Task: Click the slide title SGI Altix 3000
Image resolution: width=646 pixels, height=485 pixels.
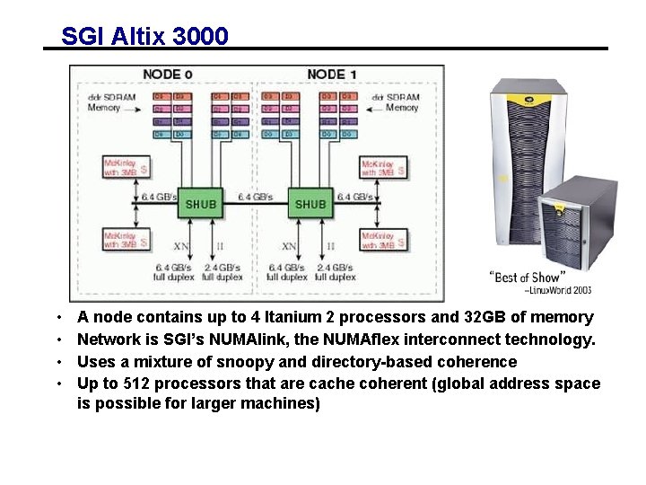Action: tap(144, 36)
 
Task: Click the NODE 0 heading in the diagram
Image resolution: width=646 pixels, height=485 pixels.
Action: tap(167, 74)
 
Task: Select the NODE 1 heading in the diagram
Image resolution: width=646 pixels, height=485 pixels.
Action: tap(331, 74)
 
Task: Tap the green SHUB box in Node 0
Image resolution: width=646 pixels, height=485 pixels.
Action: tap(200, 204)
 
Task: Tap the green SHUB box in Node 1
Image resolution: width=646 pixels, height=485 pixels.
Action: tap(310, 204)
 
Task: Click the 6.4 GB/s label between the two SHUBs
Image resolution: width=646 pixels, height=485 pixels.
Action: tap(256, 196)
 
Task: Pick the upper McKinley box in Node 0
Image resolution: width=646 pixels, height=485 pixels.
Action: tap(125, 168)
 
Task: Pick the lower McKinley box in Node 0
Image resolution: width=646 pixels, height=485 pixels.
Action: tap(125, 240)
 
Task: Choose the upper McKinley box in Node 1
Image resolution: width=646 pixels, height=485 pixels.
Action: tap(383, 168)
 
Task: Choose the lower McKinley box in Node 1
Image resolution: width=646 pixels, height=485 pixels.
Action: tap(383, 240)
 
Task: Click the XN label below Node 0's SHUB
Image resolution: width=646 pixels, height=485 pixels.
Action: tap(180, 245)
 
